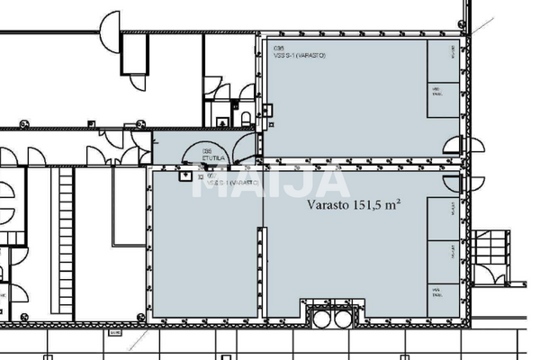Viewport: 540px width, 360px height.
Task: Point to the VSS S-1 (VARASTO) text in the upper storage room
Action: [x=300, y=56]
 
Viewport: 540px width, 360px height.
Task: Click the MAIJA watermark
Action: [x=270, y=180]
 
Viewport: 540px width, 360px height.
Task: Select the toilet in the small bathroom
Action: [x=245, y=119]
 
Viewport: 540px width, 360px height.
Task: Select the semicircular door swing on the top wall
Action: [x=110, y=25]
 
